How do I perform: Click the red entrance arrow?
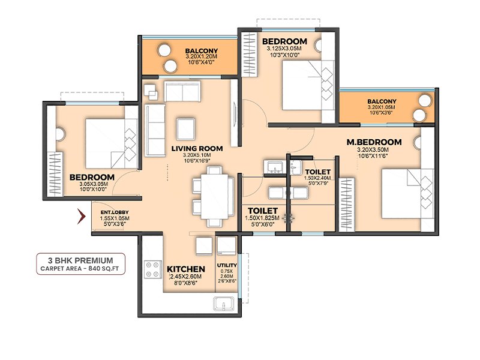tap(81, 217)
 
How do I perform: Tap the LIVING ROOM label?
tap(197, 149)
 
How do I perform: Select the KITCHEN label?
tap(186, 269)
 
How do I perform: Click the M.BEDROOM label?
tap(374, 142)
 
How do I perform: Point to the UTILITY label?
tap(227, 265)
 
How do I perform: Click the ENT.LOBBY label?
tap(115, 212)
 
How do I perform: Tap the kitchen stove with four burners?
tap(153, 269)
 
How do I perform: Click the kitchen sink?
tap(224, 304)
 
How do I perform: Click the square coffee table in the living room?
tap(185, 129)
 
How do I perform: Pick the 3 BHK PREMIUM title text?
tap(80, 260)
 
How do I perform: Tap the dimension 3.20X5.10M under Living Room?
tap(197, 155)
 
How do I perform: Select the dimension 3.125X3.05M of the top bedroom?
tap(284, 49)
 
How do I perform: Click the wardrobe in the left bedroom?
tap(56, 175)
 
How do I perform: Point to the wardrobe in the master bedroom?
tap(347, 205)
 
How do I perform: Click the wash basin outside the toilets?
tap(275, 167)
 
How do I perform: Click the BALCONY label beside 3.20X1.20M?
tap(202, 51)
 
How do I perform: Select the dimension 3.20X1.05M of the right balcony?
tap(382, 107)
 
